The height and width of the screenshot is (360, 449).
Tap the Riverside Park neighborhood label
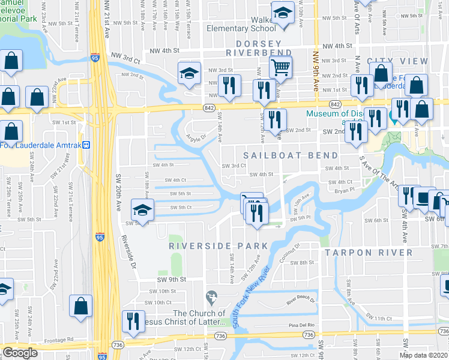tap(218, 246)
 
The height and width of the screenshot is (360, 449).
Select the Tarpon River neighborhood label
tap(369, 253)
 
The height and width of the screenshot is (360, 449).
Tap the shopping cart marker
tap(280, 67)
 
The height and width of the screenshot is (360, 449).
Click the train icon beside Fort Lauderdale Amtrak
tap(86, 145)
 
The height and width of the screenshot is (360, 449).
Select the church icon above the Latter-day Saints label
tap(211, 297)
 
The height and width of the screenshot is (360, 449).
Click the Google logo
tap(20, 353)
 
